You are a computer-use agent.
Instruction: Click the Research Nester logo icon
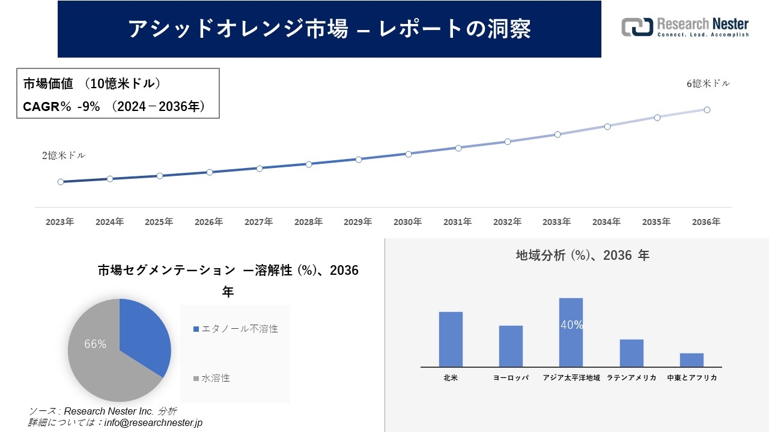click(637, 27)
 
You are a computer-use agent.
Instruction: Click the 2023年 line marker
click(61, 182)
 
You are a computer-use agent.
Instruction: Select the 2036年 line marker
click(707, 110)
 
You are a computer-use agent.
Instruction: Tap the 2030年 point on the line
click(409, 154)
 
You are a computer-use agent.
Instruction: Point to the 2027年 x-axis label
click(258, 222)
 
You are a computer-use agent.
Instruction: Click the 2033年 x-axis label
click(557, 222)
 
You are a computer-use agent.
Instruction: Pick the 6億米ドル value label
click(708, 84)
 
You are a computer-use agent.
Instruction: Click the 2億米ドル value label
click(64, 155)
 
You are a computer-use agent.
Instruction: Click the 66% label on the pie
click(96, 344)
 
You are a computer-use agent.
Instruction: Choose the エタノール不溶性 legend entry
click(236, 329)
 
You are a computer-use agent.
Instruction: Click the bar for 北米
click(451, 339)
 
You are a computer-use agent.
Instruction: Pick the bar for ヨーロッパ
click(511, 346)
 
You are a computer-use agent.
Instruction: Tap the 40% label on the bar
click(571, 325)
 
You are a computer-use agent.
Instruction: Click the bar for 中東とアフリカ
click(691, 360)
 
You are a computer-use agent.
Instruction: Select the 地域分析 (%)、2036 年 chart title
click(582, 256)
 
